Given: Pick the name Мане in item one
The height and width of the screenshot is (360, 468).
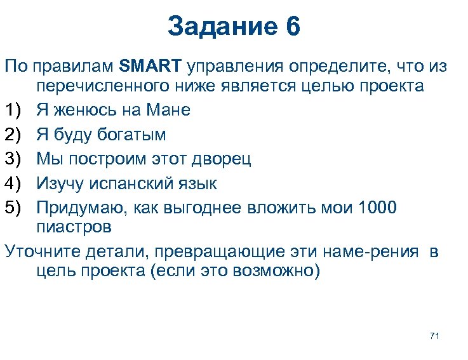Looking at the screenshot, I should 168,110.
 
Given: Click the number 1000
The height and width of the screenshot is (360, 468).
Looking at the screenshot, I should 378,208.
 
